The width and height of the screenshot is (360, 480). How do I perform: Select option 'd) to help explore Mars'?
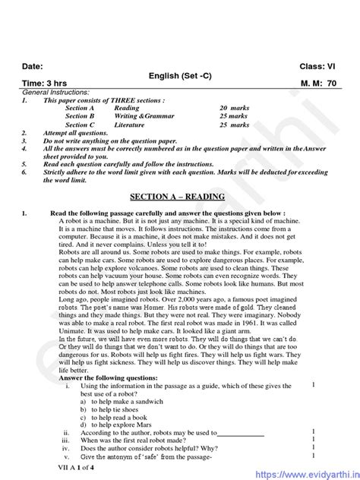pos(119,425)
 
